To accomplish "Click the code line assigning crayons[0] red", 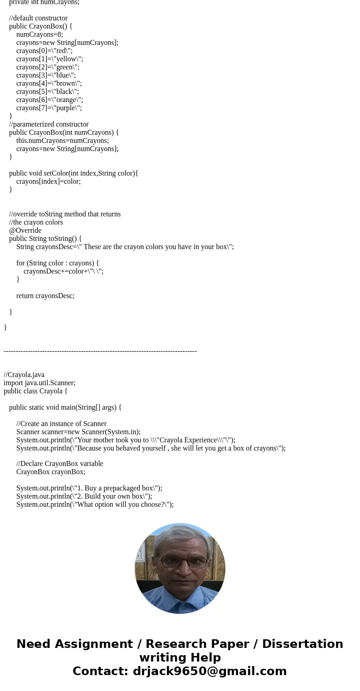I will pyautogui.click(x=44, y=51).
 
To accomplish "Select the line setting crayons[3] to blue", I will pyautogui.click(x=46, y=75).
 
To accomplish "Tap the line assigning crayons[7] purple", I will pyautogui.click(x=49, y=108).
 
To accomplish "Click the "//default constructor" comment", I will pyautogui.click(x=38, y=18).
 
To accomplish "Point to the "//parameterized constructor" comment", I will pyautogui.click(x=49, y=124).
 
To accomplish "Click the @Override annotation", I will pyautogui.click(x=25, y=230).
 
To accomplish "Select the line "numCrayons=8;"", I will pyautogui.click(x=39, y=34).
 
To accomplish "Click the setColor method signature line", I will pyautogui.click(x=73, y=173).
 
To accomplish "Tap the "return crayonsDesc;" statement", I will pyautogui.click(x=45, y=296).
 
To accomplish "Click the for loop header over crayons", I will pyautogui.click(x=58, y=263).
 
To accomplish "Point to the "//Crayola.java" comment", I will pyautogui.click(x=24, y=375).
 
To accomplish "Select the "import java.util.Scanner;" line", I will pyautogui.click(x=39, y=383).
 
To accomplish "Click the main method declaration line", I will pyautogui.click(x=65, y=407).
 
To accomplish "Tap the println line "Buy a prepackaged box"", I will pyautogui.click(x=89, y=488).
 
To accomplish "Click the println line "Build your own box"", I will pyautogui.click(x=84, y=496).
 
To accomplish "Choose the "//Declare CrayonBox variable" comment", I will pyautogui.click(x=59, y=464).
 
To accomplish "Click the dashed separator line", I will pyautogui.click(x=100, y=351).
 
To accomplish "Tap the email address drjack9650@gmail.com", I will pyautogui.click(x=209, y=671).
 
